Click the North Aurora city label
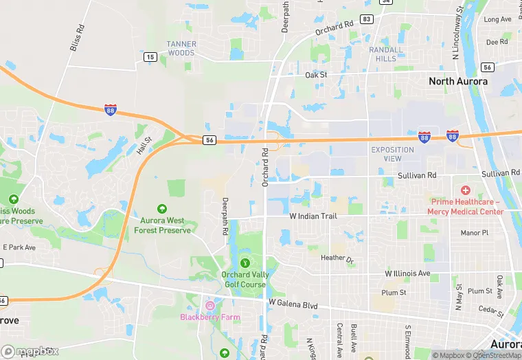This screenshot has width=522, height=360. pos(458,81)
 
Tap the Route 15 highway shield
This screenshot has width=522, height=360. pos(150,57)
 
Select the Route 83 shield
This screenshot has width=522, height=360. pos(366,19)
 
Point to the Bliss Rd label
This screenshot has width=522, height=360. pos(77,38)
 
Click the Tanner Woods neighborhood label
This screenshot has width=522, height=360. pos(181,48)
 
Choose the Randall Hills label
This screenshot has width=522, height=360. pos(386,54)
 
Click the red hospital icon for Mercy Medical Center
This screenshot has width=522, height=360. pos(466,190)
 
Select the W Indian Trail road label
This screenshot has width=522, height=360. pos(313,216)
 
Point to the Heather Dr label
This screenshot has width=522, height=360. pos(337,259)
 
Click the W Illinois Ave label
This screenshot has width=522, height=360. pos(407,273)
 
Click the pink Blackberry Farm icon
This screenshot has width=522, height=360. pos(209,304)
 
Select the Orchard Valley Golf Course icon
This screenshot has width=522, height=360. pos(245,262)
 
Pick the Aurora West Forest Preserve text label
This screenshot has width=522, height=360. pos(162,225)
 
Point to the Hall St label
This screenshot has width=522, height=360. pos(144,145)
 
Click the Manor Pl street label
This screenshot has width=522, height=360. pos(475,233)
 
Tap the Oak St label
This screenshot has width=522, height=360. pos(317,75)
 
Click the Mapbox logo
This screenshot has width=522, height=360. pos(30,351)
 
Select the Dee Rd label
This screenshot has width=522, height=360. pos(497,42)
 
